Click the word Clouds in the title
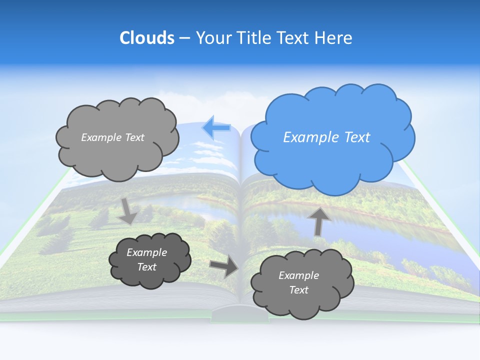[146, 38]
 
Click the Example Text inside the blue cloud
[326, 137]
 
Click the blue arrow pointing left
[216, 128]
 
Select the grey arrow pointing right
[223, 266]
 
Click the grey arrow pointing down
[128, 211]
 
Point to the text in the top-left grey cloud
[112, 137]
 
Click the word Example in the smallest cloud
[146, 252]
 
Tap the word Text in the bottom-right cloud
[298, 290]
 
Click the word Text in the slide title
[295, 38]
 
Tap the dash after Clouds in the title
[184, 38]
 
